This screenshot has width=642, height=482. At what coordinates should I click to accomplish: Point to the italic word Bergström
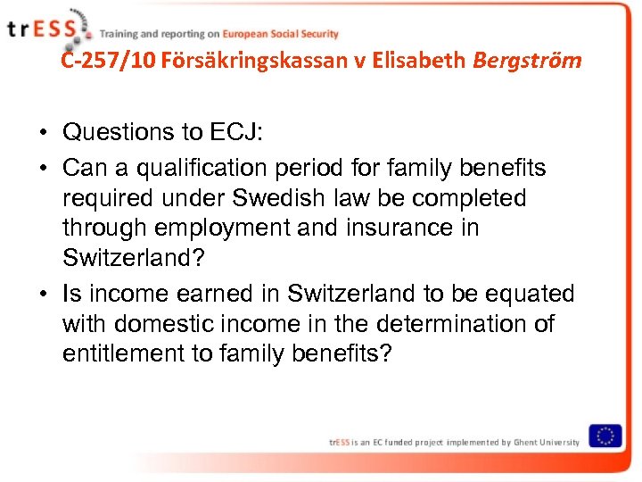click(528, 61)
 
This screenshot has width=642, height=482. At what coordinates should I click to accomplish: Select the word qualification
click(203, 168)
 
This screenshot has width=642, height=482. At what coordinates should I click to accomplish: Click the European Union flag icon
click(606, 436)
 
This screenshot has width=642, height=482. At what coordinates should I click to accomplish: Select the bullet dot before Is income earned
click(43, 295)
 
